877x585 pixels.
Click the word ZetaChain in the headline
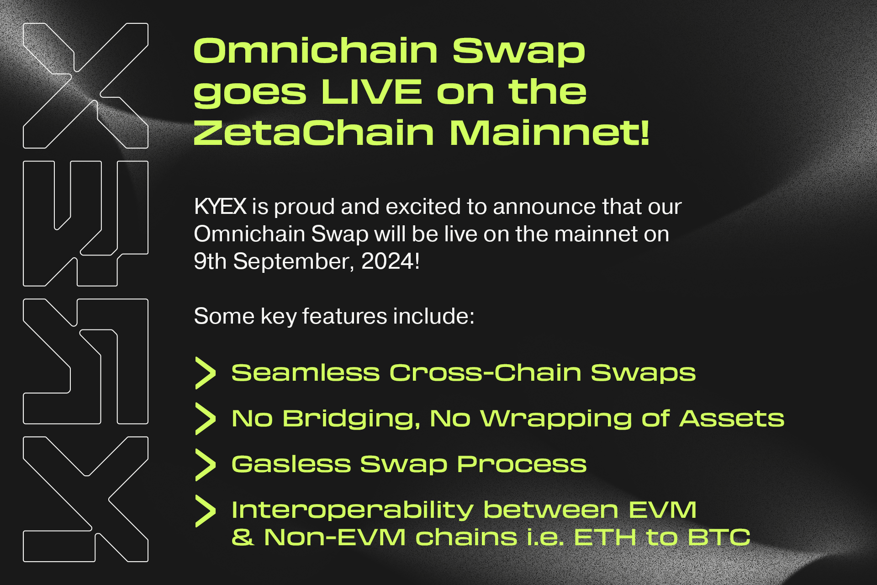pyautogui.click(x=313, y=133)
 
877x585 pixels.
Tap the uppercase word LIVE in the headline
pyautogui.click(x=371, y=92)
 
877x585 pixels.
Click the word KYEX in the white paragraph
pyautogui.click(x=220, y=207)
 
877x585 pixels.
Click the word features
pyautogui.click(x=345, y=316)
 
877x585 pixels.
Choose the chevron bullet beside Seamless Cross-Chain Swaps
pyautogui.click(x=205, y=373)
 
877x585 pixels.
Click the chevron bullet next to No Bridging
pyautogui.click(x=205, y=419)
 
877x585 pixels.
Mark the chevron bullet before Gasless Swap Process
pyautogui.click(x=205, y=464)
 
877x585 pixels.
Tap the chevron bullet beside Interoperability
pyautogui.click(x=205, y=511)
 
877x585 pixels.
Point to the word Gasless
pyautogui.click(x=291, y=464)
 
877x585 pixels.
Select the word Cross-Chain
pyautogui.click(x=485, y=373)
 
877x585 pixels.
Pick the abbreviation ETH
pyautogui.click(x=605, y=537)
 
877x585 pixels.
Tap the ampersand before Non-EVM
pyautogui.click(x=242, y=537)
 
